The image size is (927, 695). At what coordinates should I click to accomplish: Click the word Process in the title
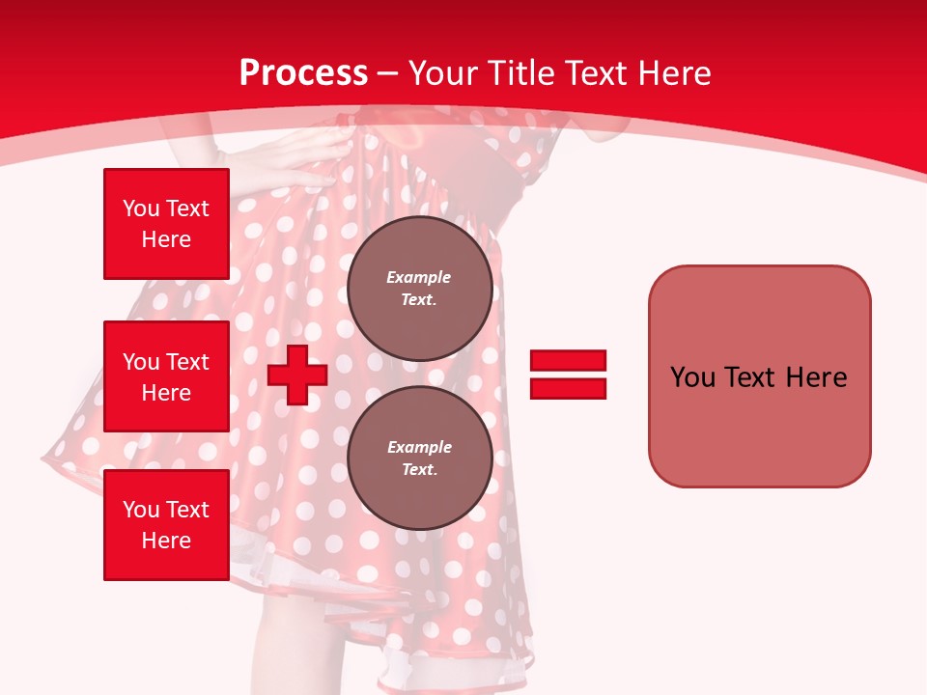click(x=303, y=73)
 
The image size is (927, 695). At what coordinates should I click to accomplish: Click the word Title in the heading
click(x=520, y=73)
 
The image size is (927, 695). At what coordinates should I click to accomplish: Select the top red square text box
click(x=166, y=224)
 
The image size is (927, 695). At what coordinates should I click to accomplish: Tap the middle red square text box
click(x=166, y=376)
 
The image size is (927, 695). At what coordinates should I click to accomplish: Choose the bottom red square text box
click(x=166, y=524)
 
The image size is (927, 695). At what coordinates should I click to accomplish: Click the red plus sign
click(x=297, y=375)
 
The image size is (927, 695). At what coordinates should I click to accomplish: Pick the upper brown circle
click(x=419, y=289)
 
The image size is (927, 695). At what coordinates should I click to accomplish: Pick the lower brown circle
click(x=419, y=458)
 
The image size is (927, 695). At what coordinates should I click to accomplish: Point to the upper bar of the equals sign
click(x=568, y=360)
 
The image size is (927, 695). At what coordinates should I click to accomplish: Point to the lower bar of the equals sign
click(x=568, y=388)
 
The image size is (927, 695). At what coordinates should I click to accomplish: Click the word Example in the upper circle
click(x=419, y=277)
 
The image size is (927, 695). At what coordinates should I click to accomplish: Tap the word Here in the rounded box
click(x=816, y=377)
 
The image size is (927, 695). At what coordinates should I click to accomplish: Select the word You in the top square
click(x=139, y=208)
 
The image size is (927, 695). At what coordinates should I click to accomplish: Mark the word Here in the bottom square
click(x=166, y=541)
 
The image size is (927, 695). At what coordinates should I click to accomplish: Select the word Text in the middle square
click(x=186, y=362)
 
